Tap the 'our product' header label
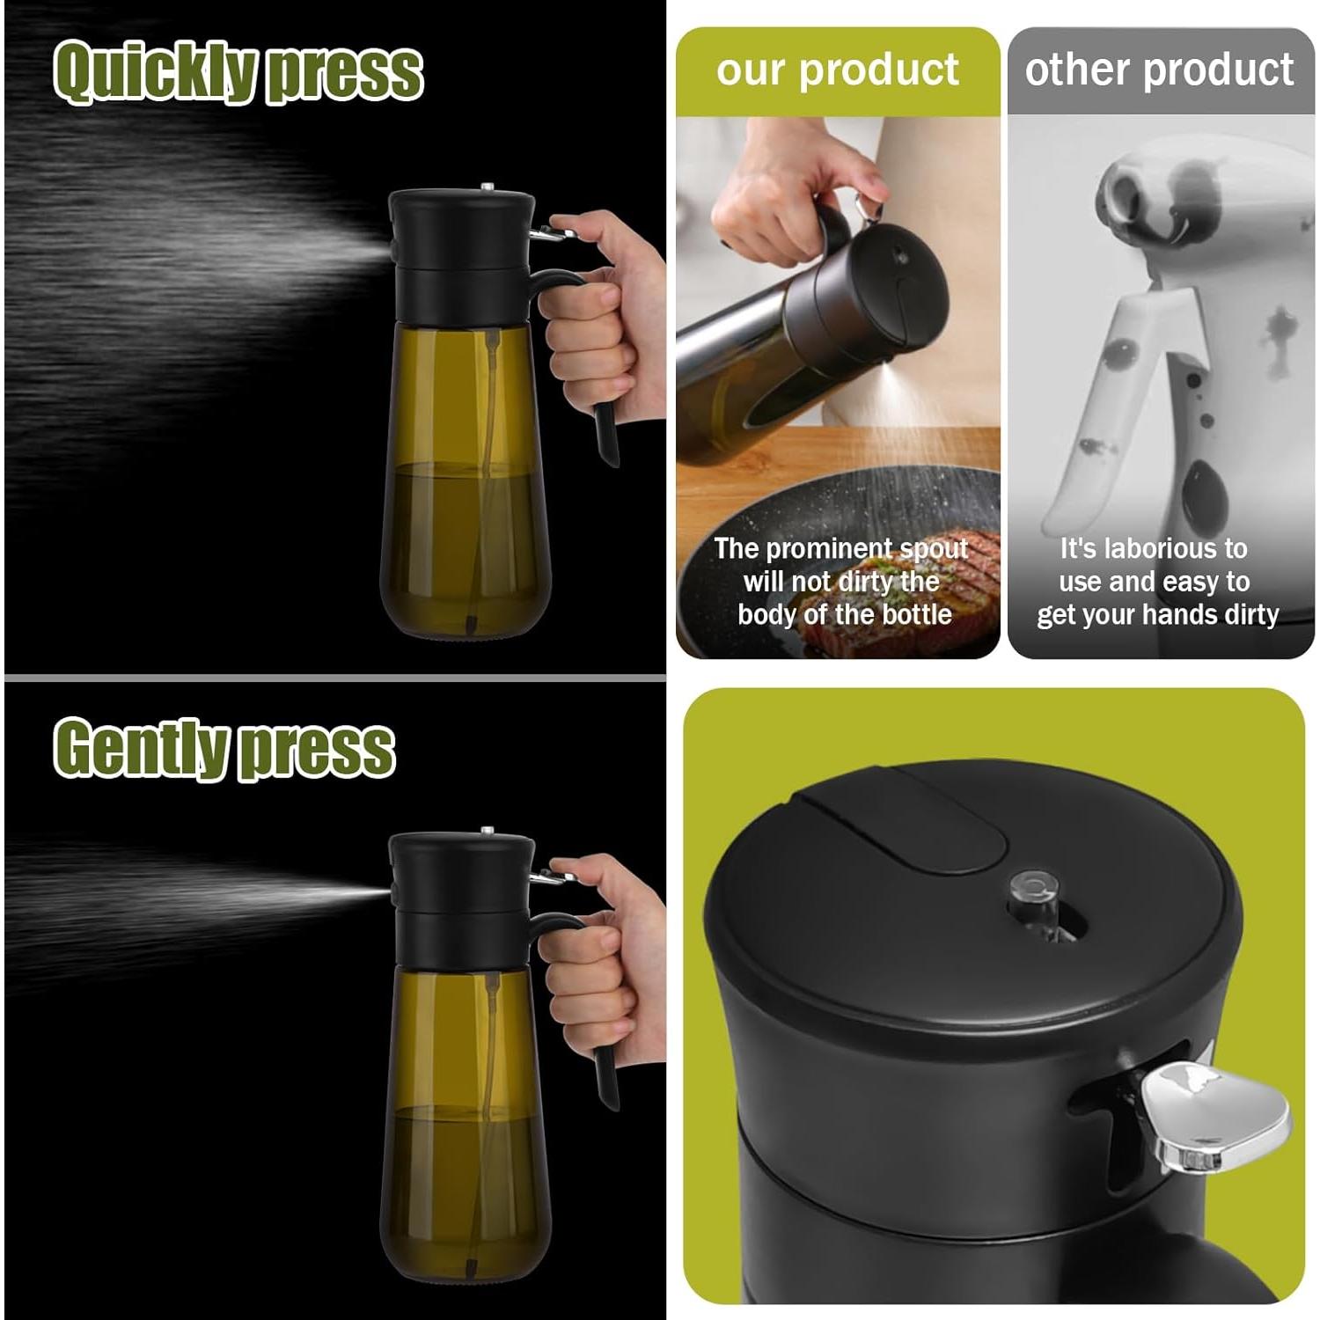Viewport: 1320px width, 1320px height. (x=837, y=70)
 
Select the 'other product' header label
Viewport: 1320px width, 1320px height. (x=1159, y=70)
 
